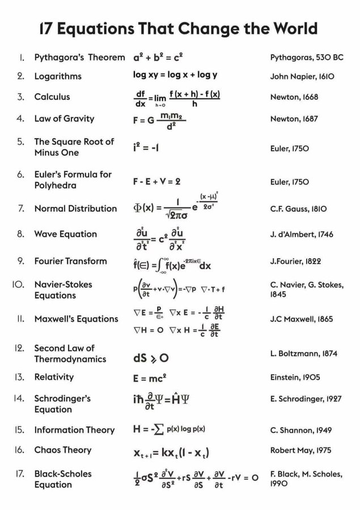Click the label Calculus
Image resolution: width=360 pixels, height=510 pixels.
[52, 97]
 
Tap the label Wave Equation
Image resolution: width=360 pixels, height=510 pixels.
[66, 234]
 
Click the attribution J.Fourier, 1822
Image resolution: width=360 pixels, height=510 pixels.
[300, 261]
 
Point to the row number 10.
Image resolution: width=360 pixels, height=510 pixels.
[16, 284]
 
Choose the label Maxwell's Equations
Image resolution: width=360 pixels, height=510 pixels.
[76, 319]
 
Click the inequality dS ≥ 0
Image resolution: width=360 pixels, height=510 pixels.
[150, 358]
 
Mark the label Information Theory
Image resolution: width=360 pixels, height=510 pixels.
[74, 430]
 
